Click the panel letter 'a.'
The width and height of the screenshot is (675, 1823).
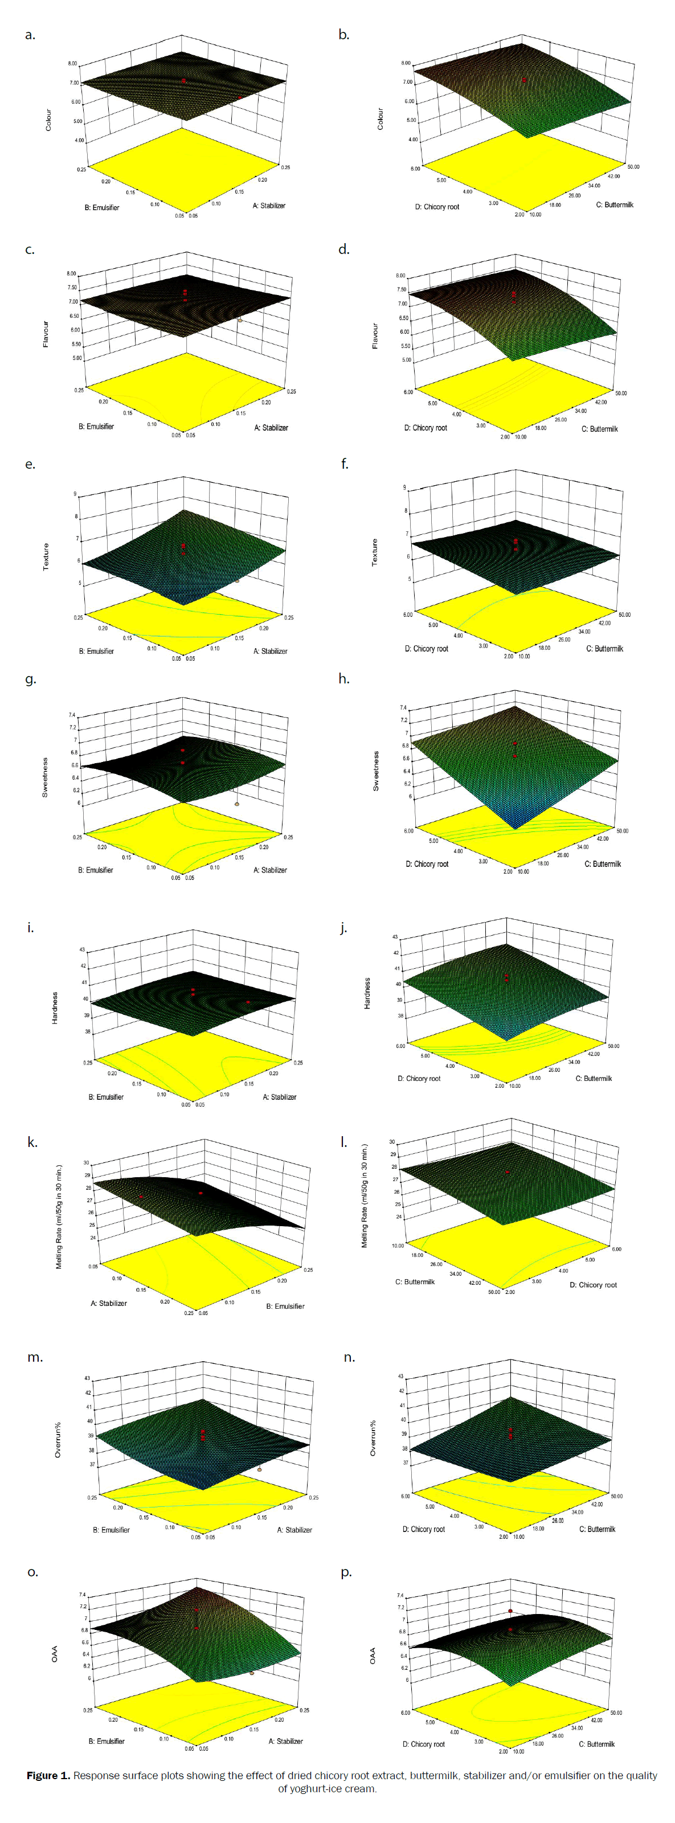point(30,35)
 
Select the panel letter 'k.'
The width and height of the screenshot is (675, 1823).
point(32,1142)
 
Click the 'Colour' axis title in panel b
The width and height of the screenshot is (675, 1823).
point(380,118)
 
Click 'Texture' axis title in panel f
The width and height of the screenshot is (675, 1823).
point(374,552)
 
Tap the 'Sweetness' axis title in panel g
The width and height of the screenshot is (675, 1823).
point(45,777)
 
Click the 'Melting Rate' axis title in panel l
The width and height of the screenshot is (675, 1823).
point(365,1195)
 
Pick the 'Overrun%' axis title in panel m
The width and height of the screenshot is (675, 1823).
point(58,1439)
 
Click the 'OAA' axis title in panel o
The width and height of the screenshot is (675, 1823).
point(55,1654)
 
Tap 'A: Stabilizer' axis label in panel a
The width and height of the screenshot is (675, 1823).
point(269,205)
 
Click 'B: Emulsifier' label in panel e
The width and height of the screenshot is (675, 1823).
point(96,651)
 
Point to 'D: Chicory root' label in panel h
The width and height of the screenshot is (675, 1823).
point(427,864)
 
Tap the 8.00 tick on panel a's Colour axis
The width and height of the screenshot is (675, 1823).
point(72,64)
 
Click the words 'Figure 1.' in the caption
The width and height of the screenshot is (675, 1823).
point(48,1775)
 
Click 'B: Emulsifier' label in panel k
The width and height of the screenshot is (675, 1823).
point(285,1306)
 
